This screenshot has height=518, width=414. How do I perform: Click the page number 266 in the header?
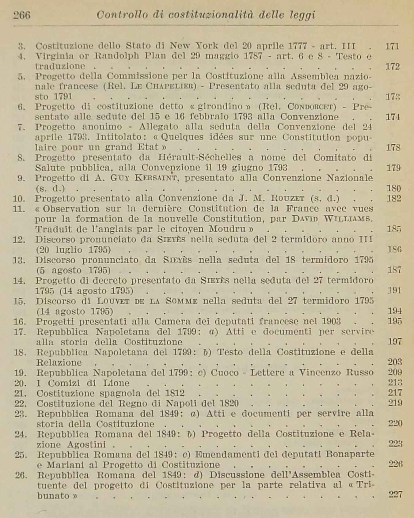click(x=22, y=15)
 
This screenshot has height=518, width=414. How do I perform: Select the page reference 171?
click(x=392, y=47)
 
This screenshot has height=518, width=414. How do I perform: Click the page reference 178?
click(x=393, y=148)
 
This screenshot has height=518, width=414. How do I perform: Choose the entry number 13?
click(x=19, y=260)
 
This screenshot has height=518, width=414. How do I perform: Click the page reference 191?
click(x=394, y=290)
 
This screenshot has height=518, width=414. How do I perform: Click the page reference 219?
click(x=395, y=403)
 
